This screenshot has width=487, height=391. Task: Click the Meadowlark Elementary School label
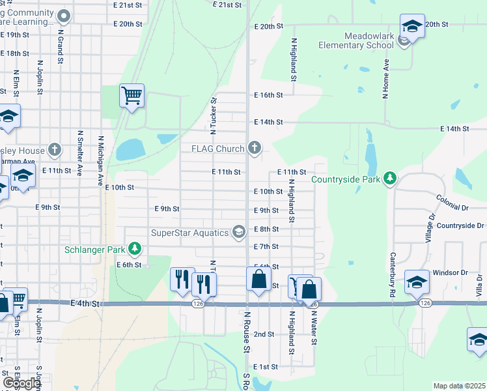coord(356,40)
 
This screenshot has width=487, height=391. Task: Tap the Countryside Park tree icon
coord(390,178)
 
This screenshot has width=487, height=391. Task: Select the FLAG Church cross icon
coord(255,149)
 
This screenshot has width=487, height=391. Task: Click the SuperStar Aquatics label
coord(189,233)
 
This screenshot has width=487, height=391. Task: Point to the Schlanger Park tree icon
coord(135,248)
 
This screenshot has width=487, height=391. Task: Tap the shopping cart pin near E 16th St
coord(132,96)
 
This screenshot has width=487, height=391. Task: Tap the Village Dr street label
coord(430,225)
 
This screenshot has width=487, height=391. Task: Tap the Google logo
coord(21,383)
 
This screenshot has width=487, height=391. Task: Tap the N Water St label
coord(314,330)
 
